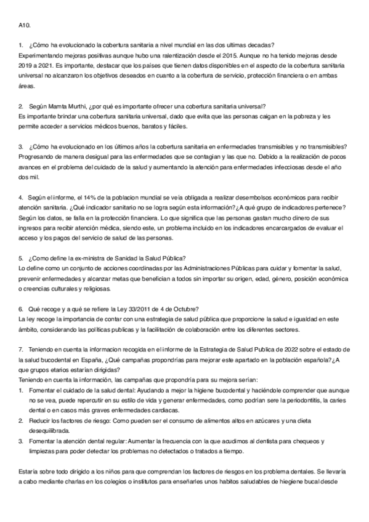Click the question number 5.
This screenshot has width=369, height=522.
(x=21, y=257)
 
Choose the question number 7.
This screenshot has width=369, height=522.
(x=21, y=348)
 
